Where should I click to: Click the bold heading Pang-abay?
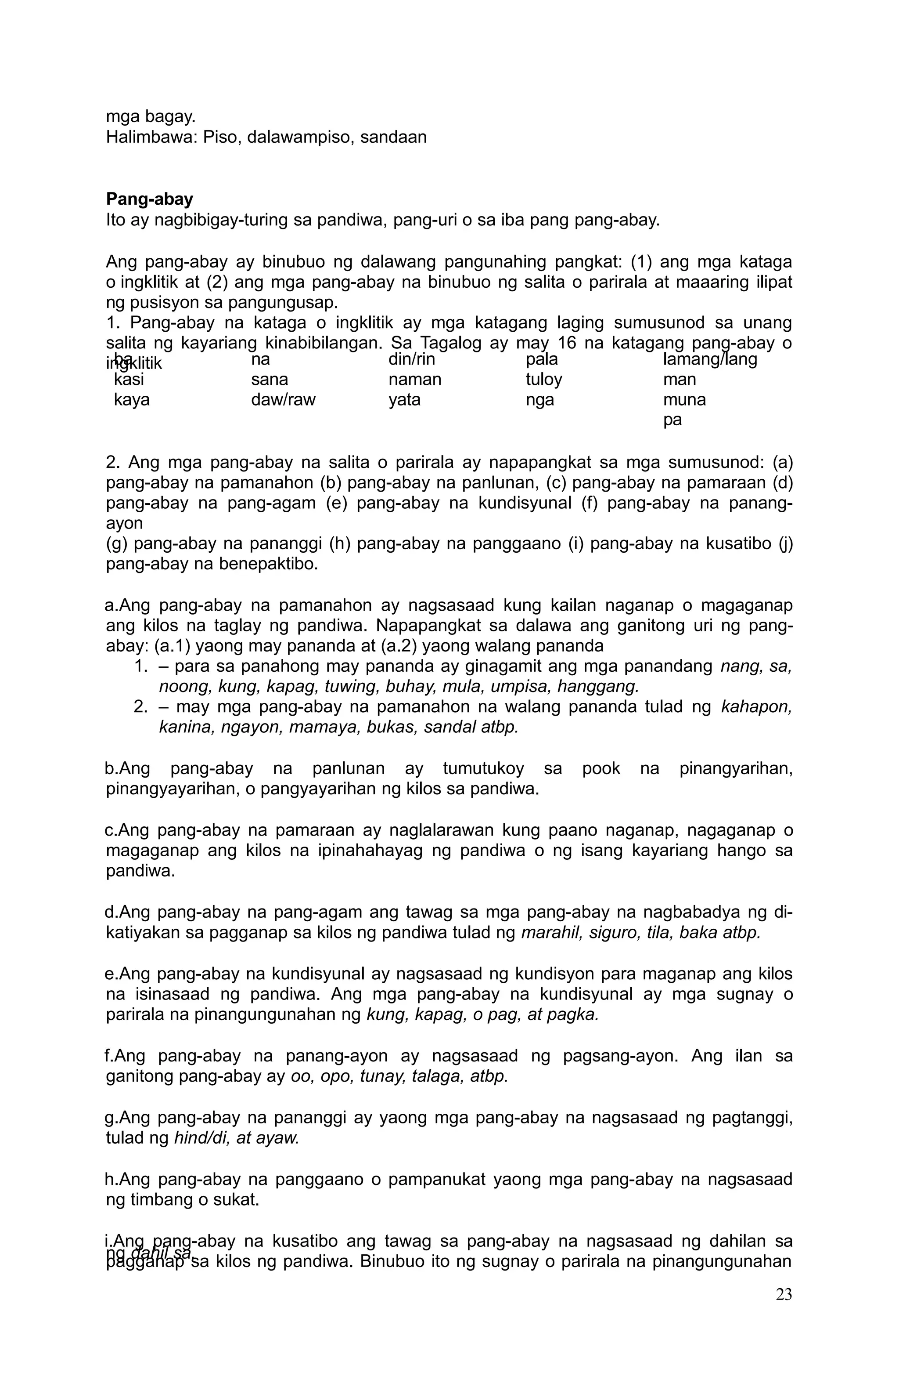pyautogui.click(x=149, y=199)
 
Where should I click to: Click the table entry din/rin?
pyautogui.click(x=411, y=360)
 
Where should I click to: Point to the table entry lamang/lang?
pyautogui.click(x=709, y=360)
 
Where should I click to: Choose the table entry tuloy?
pyautogui.click(x=544, y=380)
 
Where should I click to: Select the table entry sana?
pyautogui.click(x=269, y=380)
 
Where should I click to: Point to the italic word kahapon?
pyautogui.click(x=756, y=707)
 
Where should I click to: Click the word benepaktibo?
pyautogui.click(x=269, y=564)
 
